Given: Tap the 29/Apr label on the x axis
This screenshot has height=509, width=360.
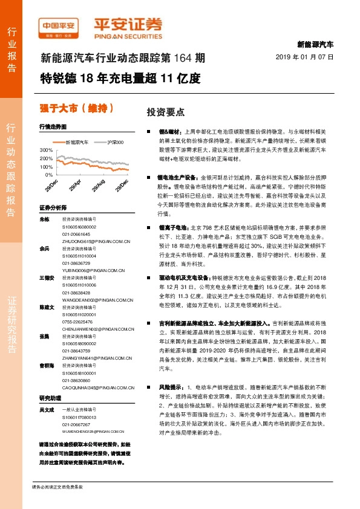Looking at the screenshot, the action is tap(74, 184).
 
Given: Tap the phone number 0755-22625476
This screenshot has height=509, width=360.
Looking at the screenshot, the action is tap(76, 322).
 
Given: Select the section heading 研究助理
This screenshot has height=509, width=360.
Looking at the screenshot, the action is tap(50, 398).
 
